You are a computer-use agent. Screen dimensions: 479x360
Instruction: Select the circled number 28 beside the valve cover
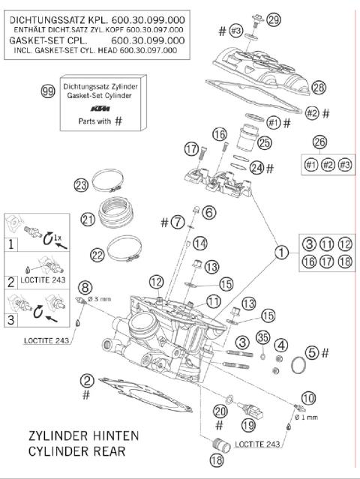pyautogui.click(x=298, y=88)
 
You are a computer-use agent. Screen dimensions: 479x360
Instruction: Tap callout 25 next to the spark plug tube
pyautogui.click(x=264, y=142)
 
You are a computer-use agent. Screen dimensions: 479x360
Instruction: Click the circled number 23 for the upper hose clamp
pyautogui.click(x=103, y=185)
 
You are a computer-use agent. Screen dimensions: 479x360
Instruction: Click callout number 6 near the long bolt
pyautogui.click(x=208, y=213)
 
